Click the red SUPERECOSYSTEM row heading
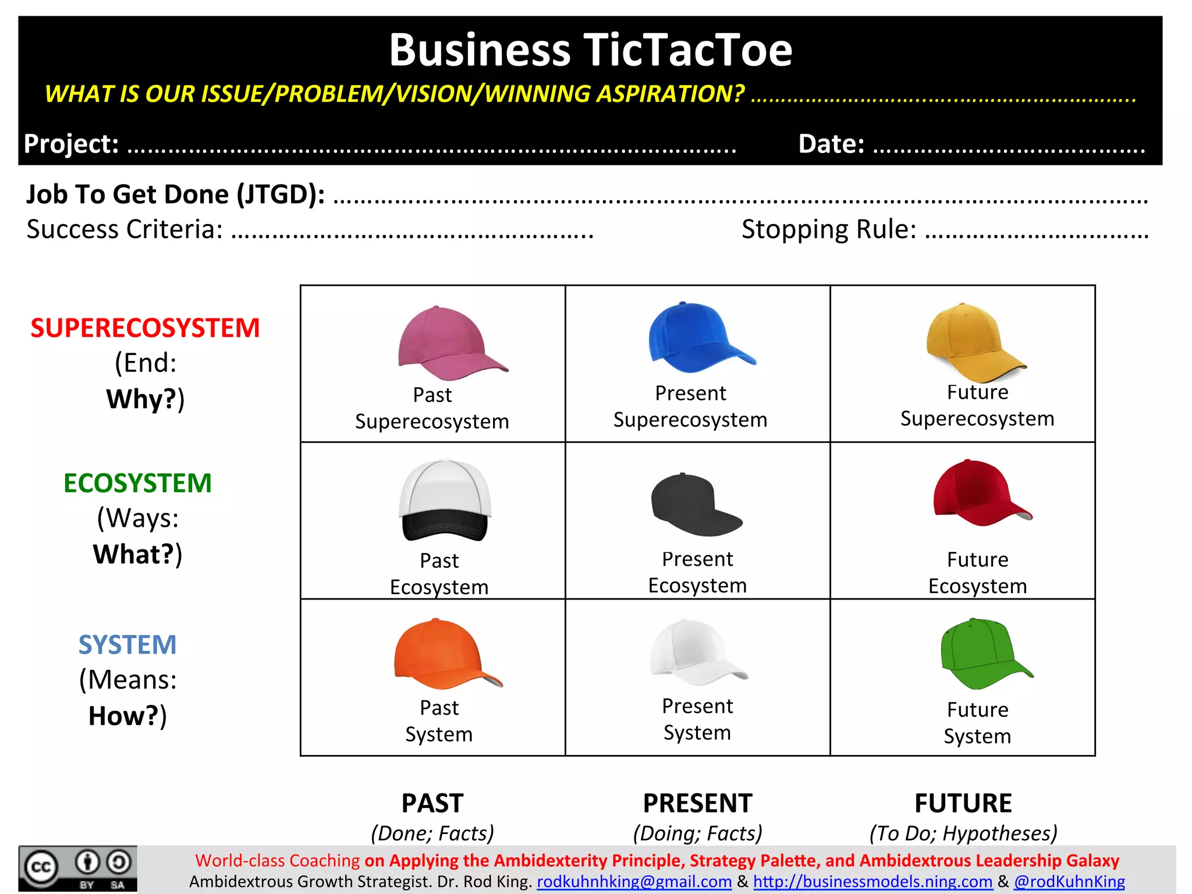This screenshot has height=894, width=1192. point(145,328)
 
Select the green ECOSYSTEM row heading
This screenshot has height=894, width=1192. point(137,484)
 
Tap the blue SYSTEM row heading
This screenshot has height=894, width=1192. point(127,645)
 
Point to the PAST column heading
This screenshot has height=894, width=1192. point(432,804)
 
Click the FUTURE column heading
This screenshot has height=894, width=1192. point(963,804)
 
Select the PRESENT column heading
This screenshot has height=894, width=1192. point(697,804)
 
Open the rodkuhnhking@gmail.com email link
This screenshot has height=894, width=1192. point(634,882)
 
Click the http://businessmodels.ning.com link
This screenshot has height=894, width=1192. point(872,882)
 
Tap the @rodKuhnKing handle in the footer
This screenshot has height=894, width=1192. point(1069,882)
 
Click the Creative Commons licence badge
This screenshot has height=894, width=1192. point(77,869)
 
